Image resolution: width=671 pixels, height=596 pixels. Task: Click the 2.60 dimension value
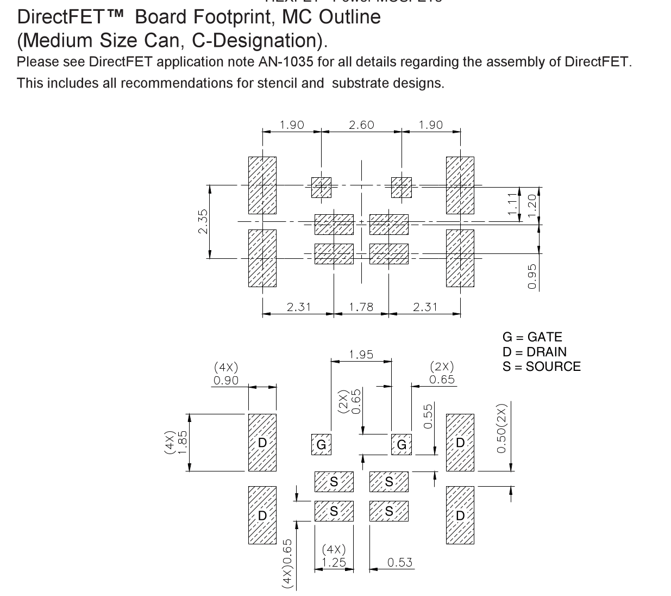pos(361,125)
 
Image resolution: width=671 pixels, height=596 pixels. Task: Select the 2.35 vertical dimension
pos(203,221)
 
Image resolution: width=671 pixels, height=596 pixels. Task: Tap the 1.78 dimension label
pos(361,307)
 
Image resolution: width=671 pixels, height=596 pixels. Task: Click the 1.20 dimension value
pos(532,204)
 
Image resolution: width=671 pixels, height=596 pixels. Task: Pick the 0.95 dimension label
pos(532,276)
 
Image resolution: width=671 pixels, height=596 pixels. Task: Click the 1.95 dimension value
pos(361,355)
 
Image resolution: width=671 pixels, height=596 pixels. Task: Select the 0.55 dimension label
pos(428,416)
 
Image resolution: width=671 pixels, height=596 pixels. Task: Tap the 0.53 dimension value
pos(400,562)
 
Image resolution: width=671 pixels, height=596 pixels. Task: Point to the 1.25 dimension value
pos(334,562)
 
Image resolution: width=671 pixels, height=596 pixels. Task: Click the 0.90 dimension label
pos(225,381)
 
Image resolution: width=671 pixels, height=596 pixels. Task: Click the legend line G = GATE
pos(532,337)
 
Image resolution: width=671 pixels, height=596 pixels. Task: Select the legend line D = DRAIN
pos(534,352)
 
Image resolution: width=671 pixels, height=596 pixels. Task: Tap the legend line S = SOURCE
pos(541,367)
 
